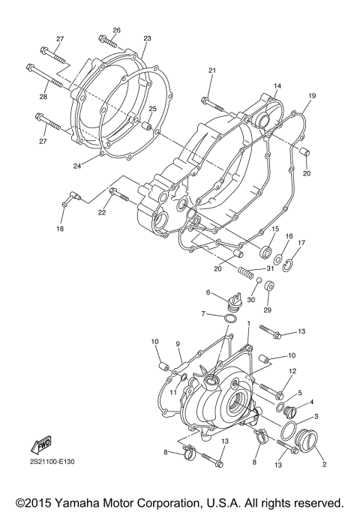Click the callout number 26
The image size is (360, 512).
click(x=116, y=30)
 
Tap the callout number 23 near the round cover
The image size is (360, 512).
click(x=147, y=38)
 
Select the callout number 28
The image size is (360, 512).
click(x=43, y=96)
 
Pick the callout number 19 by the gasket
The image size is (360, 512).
click(x=311, y=96)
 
